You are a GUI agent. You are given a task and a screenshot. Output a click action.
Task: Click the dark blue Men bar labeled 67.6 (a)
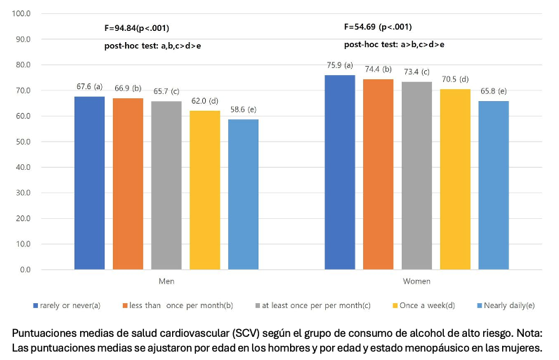[x=89, y=183]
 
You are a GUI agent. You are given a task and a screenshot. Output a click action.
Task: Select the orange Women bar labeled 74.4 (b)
[x=379, y=175]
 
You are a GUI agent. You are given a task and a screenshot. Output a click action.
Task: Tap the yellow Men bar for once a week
[x=204, y=190]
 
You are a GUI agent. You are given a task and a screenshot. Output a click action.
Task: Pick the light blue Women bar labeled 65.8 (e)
[x=494, y=185]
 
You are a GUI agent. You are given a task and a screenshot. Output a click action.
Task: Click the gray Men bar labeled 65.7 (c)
[x=166, y=185]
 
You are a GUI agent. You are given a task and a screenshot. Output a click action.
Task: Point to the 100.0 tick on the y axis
[x=21, y=13]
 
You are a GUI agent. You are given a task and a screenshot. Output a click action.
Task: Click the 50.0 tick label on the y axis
[x=22, y=142]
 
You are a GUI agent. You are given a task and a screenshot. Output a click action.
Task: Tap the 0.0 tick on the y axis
[x=25, y=270]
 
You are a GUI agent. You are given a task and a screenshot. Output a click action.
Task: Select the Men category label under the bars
[x=166, y=281]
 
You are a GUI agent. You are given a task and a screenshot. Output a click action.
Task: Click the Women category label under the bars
[x=416, y=281]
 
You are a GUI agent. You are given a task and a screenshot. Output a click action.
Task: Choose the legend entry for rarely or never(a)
[x=67, y=305]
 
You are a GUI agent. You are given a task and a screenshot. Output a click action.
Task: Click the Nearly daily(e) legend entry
[x=506, y=305]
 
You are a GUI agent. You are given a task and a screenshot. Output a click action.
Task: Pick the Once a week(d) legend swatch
[x=395, y=305]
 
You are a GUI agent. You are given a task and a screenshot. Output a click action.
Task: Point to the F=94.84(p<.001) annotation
[x=137, y=28]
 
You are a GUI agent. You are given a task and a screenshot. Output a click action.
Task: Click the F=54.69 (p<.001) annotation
[x=378, y=27]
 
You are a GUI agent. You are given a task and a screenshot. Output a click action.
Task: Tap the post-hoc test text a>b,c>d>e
[x=422, y=44]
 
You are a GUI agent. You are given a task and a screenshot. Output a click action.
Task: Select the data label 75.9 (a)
[x=340, y=65]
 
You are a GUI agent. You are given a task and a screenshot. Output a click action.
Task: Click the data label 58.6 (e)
[x=243, y=109]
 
